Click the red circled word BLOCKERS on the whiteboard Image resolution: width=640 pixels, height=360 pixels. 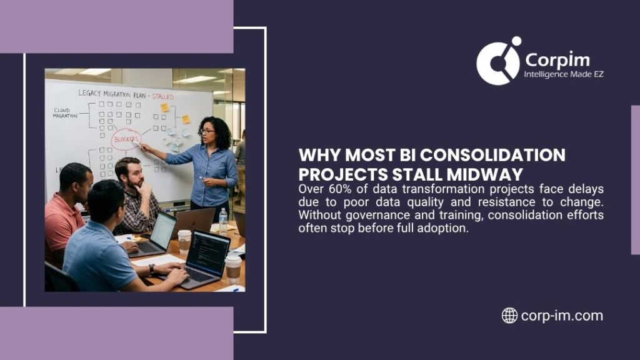click(126, 139)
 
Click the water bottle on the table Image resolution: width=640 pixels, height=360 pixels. click(223, 222)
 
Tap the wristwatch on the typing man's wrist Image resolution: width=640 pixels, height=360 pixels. click(151, 269)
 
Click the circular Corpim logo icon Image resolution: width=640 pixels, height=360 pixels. click(499, 61)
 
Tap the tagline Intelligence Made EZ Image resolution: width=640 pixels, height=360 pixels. click(564, 74)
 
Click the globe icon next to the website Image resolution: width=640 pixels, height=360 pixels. click(509, 316)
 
